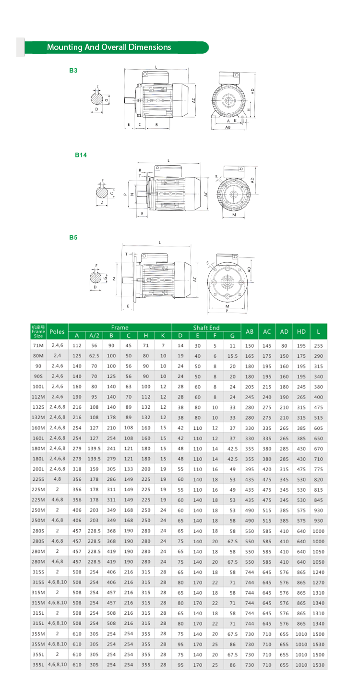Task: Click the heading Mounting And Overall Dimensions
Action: [109, 47]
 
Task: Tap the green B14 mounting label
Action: [81, 155]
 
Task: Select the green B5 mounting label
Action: [73, 237]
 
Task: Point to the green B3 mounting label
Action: [73, 70]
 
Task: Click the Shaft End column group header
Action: [206, 328]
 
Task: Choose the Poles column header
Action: [57, 331]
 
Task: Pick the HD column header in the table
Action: [301, 331]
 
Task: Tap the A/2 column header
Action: [94, 335]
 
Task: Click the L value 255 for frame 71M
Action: [318, 346]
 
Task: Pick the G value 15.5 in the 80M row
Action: [232, 356]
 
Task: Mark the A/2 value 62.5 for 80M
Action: [94, 356]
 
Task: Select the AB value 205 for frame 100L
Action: [250, 387]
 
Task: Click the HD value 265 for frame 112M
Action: [301, 397]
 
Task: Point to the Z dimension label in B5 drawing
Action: [114, 279]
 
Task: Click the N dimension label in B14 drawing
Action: [132, 194]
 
